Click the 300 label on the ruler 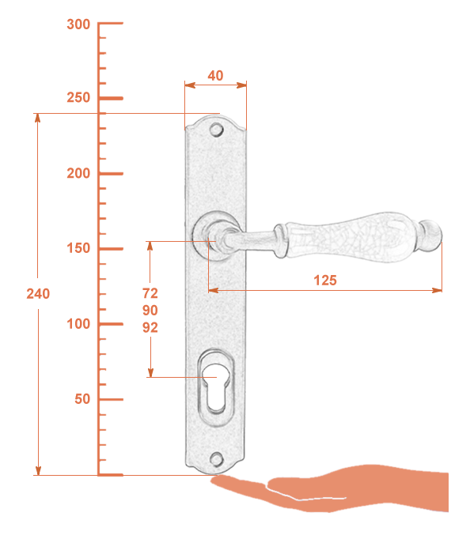(78, 24)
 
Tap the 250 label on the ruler (78, 98)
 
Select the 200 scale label (78, 173)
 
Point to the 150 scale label (78, 248)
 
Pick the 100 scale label (78, 324)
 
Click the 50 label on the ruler (82, 399)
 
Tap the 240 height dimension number (38, 294)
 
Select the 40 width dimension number (215, 76)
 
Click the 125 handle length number (325, 281)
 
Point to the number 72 (150, 293)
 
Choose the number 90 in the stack (150, 311)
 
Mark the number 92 (150, 328)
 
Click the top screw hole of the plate (217, 130)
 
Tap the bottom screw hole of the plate (217, 460)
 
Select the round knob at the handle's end (431, 236)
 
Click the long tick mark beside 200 (111, 174)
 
